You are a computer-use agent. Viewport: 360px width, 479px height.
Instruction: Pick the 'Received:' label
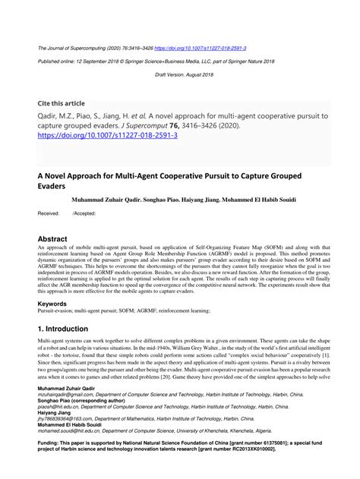coord(49,214)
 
